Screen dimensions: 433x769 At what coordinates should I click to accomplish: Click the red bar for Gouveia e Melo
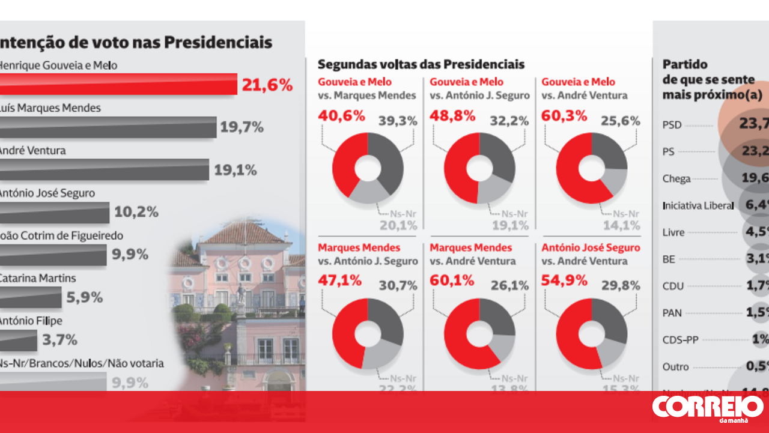(118, 84)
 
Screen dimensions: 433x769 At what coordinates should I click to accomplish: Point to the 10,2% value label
(136, 212)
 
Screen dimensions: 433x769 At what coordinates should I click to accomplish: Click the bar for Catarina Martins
(31, 297)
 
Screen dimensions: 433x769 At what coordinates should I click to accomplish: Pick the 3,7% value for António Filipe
(59, 340)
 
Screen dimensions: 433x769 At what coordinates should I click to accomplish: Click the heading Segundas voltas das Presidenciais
(421, 64)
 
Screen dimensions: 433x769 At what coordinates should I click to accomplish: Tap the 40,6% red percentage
(341, 116)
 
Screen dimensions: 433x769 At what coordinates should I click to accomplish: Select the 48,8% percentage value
(453, 116)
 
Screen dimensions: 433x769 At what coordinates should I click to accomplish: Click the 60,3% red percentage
(564, 116)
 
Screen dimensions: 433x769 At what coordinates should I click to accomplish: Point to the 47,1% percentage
(340, 280)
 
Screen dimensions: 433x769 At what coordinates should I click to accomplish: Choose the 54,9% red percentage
(564, 280)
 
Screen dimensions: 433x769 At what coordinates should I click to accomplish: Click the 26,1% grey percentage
(509, 286)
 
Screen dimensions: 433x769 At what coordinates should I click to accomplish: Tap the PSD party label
(672, 126)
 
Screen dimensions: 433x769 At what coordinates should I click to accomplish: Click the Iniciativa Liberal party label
(698, 205)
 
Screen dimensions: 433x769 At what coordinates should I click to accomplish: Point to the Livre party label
(673, 232)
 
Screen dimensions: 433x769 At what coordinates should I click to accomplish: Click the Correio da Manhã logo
(708, 408)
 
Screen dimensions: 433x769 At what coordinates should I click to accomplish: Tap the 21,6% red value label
(267, 85)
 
